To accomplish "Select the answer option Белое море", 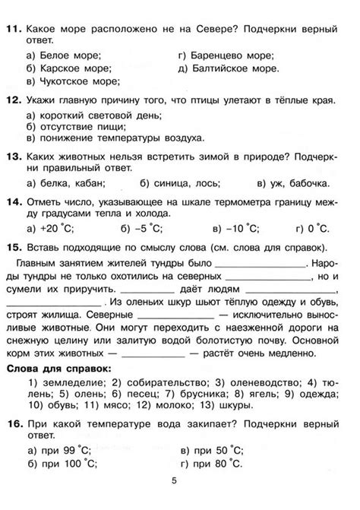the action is [x=68, y=55].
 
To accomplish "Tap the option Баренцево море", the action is [x=231, y=55].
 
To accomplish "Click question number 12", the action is [x=12, y=100].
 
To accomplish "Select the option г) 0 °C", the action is [x=311, y=227].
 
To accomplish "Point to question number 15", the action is [x=12, y=248].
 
